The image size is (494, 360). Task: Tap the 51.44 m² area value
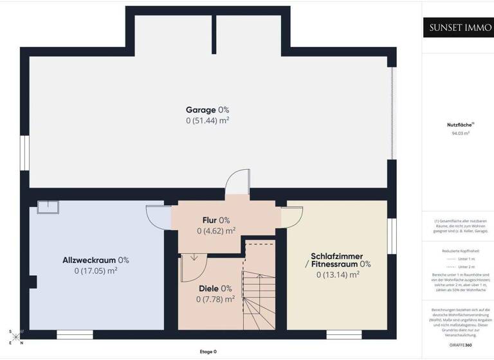[207, 120]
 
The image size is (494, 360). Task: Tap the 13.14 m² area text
[338, 274]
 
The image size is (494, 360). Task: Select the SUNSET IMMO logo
[457, 28]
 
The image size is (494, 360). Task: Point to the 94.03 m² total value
[458, 133]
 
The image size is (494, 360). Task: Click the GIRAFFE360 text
[458, 345]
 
